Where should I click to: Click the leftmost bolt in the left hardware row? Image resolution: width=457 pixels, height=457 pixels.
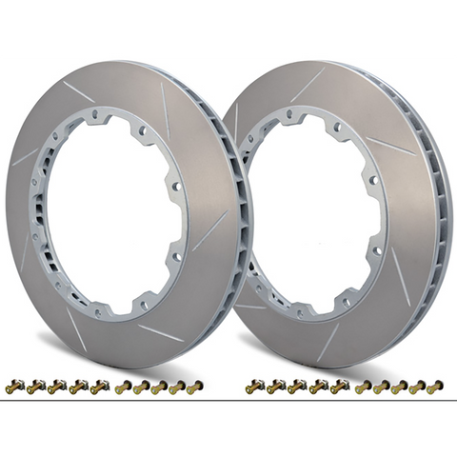click(x=11, y=387)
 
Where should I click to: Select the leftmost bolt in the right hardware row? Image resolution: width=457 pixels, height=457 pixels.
click(x=252, y=387)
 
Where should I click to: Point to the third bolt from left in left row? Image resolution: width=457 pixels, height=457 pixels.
click(x=55, y=387)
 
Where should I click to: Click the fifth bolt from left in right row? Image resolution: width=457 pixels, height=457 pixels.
click(x=339, y=387)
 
